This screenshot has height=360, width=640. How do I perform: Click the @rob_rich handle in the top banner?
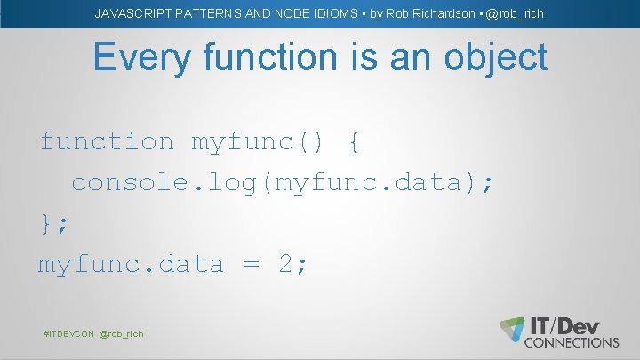pos(515,13)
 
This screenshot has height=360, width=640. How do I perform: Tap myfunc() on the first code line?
pos(256,141)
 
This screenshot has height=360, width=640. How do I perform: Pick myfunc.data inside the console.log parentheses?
pos(373,182)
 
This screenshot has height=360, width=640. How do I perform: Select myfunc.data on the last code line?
pos(130,264)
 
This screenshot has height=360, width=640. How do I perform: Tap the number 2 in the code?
pos(287,264)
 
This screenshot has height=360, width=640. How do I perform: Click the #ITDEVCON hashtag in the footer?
pos(68,333)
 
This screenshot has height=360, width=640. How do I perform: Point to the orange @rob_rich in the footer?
pos(121,333)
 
